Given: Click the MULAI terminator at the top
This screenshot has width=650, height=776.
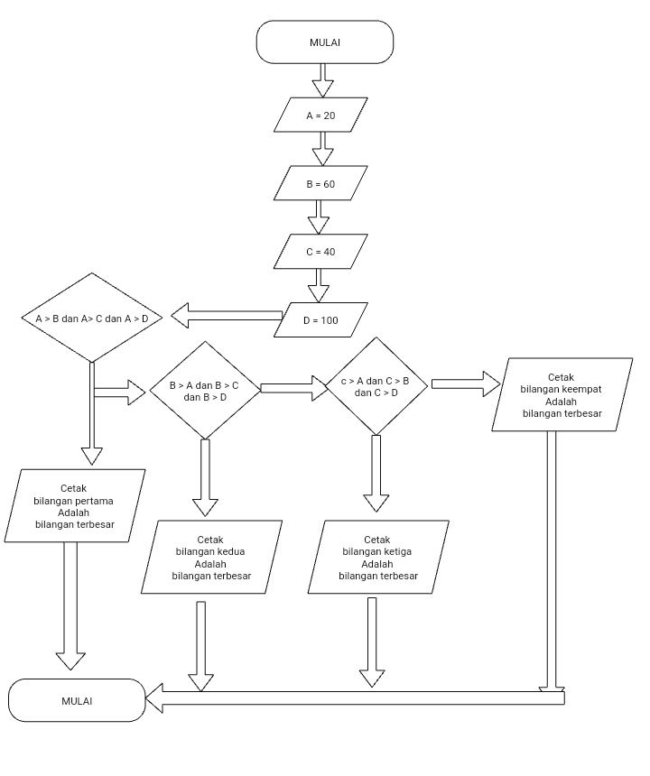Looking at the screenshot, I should (325, 42).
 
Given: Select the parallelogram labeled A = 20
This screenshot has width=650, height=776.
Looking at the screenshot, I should (321, 115).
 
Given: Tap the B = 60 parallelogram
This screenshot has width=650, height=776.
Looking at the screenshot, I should (321, 183).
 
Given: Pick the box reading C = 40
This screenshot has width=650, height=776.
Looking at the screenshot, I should (321, 252).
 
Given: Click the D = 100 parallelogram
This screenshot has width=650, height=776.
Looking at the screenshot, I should (321, 320).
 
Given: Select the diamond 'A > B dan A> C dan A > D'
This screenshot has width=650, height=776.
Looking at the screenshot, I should (90, 319).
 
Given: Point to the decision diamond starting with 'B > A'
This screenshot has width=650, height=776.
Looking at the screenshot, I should (205, 391).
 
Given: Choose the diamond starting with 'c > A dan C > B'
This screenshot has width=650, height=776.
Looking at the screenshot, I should (376, 386).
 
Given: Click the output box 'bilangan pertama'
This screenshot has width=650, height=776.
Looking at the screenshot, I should (75, 506).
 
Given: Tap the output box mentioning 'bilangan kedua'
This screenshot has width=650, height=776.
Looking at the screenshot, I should (211, 557).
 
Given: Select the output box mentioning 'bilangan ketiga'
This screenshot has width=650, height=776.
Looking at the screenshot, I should (378, 557).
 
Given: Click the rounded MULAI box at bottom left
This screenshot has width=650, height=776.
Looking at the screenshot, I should (77, 700).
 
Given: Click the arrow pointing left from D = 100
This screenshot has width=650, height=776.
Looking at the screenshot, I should (226, 317).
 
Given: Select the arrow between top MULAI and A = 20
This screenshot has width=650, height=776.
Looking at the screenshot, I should (322, 79).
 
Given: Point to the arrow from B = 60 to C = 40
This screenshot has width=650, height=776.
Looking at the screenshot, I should (319, 217).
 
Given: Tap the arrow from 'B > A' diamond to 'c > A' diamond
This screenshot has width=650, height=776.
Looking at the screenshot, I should (294, 388).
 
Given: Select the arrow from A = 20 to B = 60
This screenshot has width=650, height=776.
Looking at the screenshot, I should (322, 150).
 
